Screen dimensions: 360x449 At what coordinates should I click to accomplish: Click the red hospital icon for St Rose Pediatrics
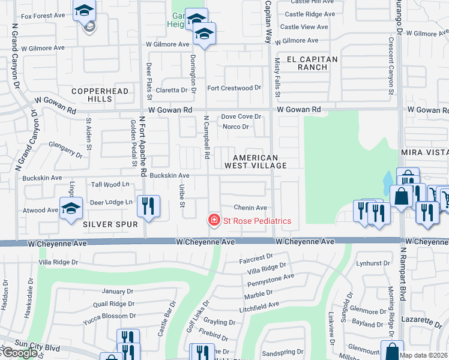(213, 221)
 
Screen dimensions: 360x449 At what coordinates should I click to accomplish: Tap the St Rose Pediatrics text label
(257, 221)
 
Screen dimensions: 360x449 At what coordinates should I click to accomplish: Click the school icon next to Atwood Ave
(71, 209)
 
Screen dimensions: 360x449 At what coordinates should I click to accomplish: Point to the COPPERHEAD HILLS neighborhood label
(92, 94)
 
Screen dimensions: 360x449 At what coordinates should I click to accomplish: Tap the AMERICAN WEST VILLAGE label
(255, 160)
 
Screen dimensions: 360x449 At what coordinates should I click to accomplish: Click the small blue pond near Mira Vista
(388, 179)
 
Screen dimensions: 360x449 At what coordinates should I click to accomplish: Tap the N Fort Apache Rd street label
(143, 146)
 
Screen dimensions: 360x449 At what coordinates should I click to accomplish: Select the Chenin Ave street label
(250, 208)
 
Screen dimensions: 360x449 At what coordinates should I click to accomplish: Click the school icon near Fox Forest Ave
(85, 11)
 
